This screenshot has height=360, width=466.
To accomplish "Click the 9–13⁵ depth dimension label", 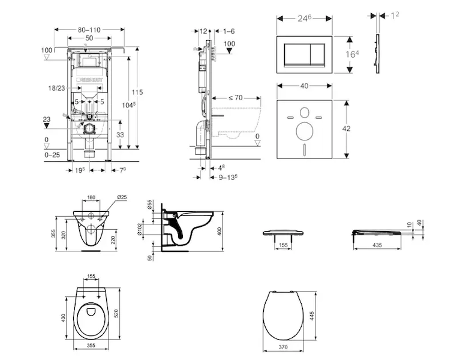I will tap(229, 177).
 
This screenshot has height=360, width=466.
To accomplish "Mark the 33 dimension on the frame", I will tap(120, 135).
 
